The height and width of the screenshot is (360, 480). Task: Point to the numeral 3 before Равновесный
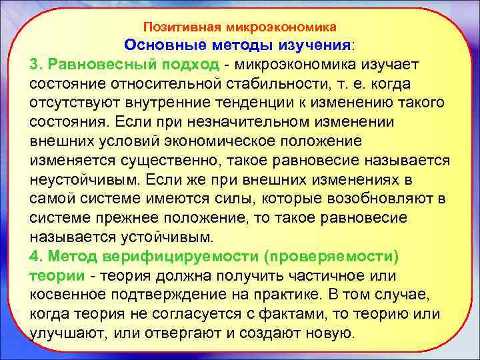tap(35, 65)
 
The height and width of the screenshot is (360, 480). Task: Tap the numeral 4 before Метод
tap(35, 257)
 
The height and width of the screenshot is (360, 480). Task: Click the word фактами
tap(285, 315)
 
